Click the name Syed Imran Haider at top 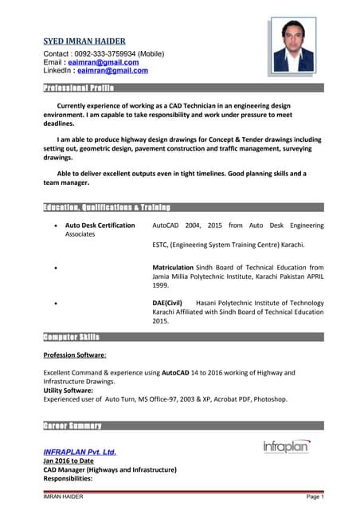point(84,41)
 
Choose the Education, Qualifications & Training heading point(107,207)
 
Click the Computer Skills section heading point(71,337)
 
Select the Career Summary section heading point(72,426)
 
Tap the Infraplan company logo point(288,447)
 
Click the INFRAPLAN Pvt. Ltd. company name point(80,453)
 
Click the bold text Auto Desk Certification point(100,226)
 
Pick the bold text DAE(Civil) point(167,303)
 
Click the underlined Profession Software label point(75,355)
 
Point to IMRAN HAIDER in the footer point(63,497)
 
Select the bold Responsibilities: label point(69,480)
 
